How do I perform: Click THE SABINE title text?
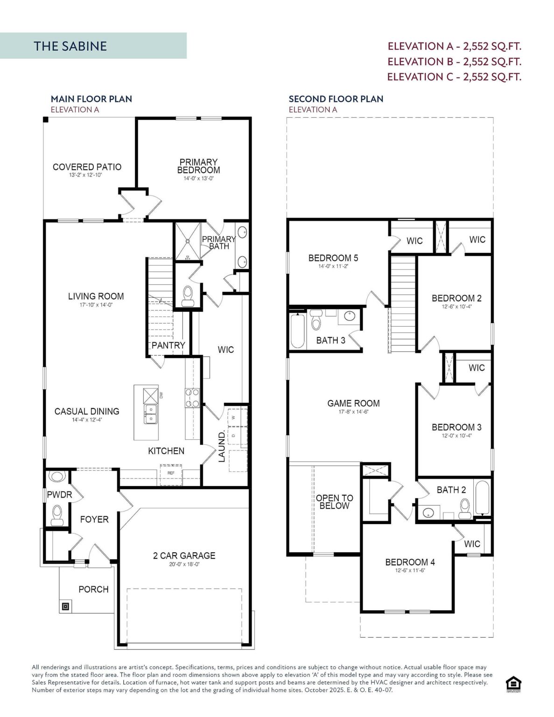tap(70, 46)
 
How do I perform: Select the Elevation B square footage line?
tap(454, 62)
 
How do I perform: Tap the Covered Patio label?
tap(87, 167)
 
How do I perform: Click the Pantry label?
tap(168, 345)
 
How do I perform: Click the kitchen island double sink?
tap(151, 414)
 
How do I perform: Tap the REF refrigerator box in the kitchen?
tap(171, 472)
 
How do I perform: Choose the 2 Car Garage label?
tap(184, 555)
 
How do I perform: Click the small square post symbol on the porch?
tap(65, 606)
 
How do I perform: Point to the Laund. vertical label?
tap(222, 446)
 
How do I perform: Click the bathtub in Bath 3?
tap(297, 331)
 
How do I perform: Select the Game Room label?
tap(353, 403)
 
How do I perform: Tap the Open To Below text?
tap(335, 501)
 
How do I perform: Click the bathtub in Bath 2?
tap(482, 498)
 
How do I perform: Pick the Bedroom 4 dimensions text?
tap(410, 570)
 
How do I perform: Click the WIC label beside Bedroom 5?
tap(414, 241)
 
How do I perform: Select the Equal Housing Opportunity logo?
tap(513, 684)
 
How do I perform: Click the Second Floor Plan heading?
tap(336, 99)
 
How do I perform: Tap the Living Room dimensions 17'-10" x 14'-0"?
tap(96, 305)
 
